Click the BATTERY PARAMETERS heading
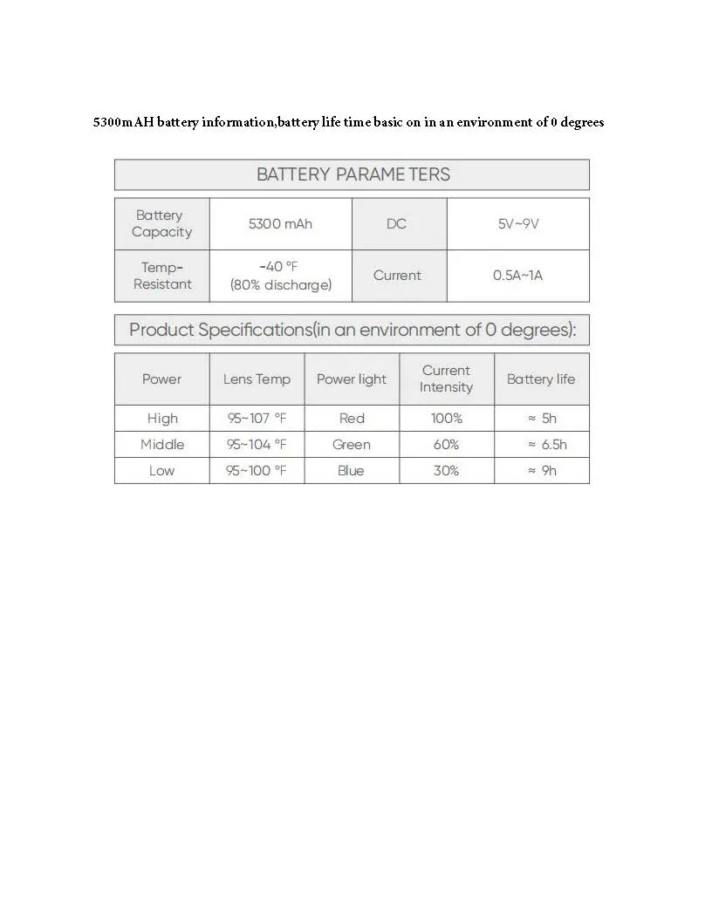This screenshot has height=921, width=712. (353, 174)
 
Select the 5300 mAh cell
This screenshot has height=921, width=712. (280, 224)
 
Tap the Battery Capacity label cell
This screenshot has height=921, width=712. (161, 224)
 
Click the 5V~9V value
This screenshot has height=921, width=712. (518, 224)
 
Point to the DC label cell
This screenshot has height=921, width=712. (396, 224)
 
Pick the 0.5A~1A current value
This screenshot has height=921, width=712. (517, 276)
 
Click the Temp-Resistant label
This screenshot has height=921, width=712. (162, 276)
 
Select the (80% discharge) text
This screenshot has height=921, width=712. (280, 285)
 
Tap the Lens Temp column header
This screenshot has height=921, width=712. (257, 379)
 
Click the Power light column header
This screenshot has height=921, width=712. (352, 379)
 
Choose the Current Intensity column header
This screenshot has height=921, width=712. (446, 379)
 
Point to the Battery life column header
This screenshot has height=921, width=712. (541, 379)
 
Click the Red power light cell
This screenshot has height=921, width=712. (352, 419)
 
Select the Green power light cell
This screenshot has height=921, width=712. (352, 445)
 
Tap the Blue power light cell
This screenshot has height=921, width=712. (352, 471)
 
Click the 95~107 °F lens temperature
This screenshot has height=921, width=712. (257, 419)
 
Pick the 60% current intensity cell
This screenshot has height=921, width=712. (446, 445)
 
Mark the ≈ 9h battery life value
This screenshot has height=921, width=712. (542, 471)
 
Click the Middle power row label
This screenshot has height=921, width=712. (162, 445)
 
